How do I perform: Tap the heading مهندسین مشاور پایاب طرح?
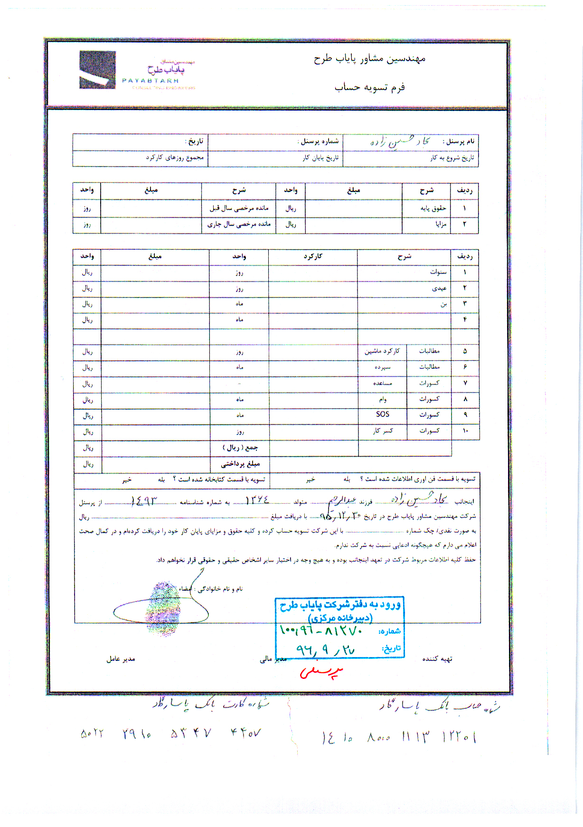tap(369, 59)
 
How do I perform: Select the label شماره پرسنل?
tap(319, 141)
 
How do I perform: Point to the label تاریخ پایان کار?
tap(321, 158)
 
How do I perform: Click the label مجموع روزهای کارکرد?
tap(175, 158)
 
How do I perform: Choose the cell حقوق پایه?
tap(433, 208)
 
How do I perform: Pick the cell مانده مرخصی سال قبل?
tap(239, 208)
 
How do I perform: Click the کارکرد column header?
tap(313, 256)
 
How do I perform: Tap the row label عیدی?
tap(439, 288)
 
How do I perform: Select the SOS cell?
tap(383, 414)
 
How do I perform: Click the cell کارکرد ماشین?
tap(382, 351)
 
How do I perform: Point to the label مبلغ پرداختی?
tap(240, 464)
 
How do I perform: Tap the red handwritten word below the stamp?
tap(321, 672)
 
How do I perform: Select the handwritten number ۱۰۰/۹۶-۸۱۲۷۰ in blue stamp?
tap(321, 631)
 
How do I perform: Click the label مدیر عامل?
tap(121, 659)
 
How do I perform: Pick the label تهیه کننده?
tap(437, 659)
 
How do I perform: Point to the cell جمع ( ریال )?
tap(240, 448)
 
